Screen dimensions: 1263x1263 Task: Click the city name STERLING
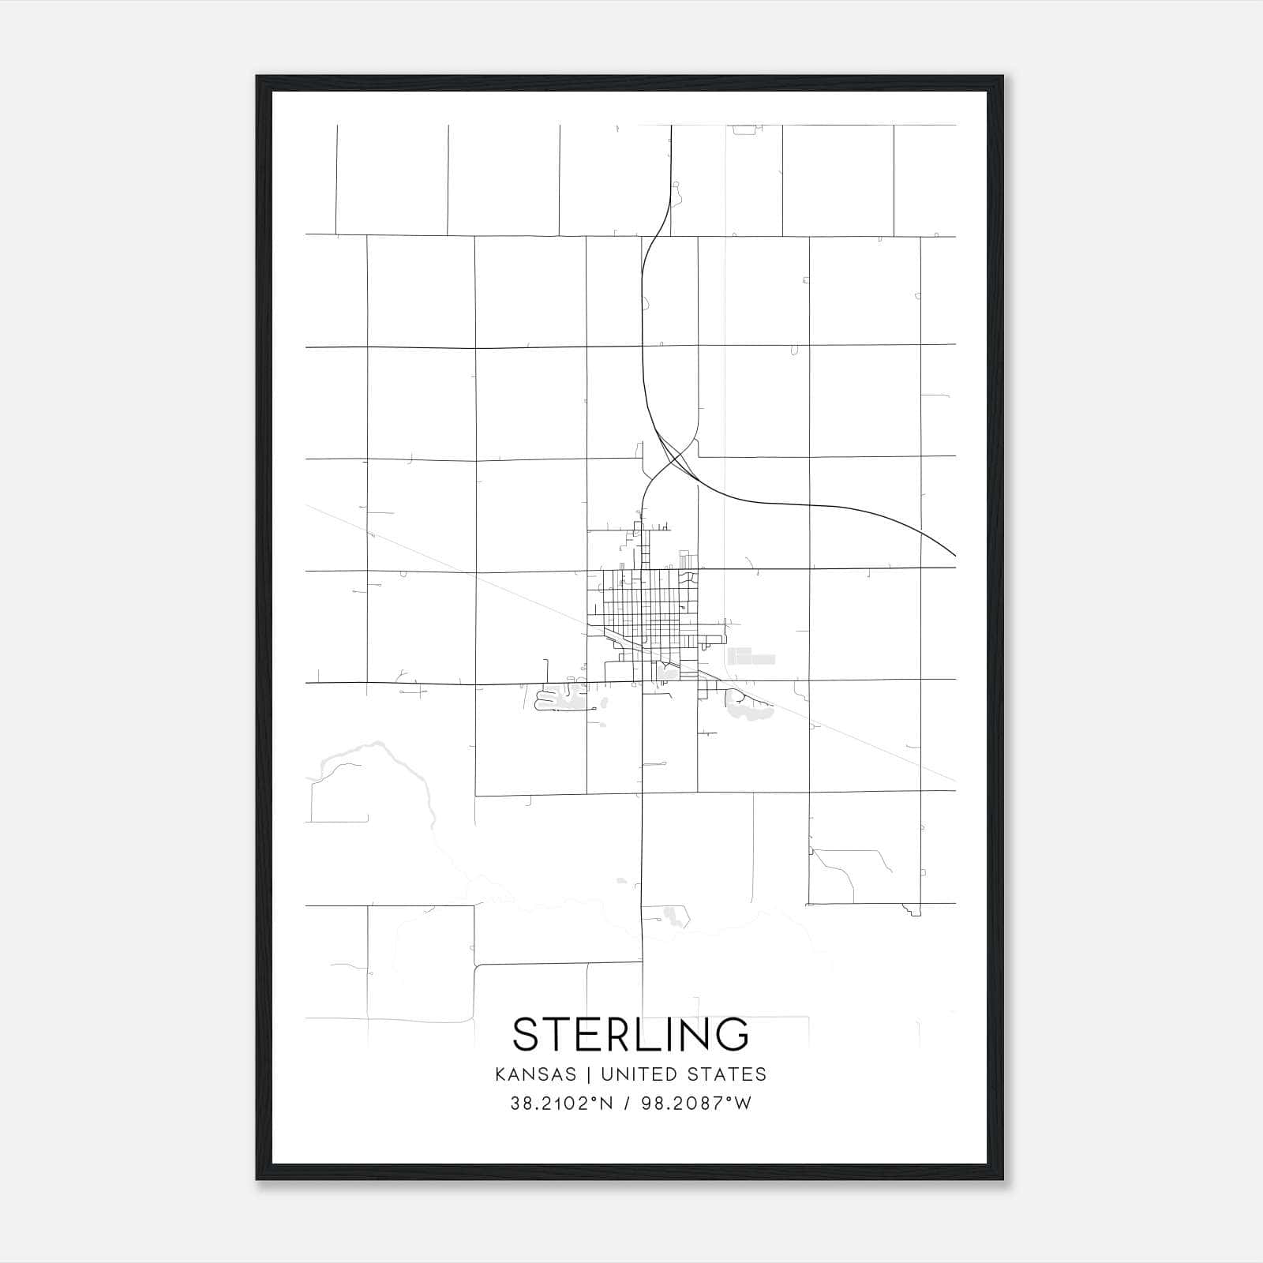click(631, 1034)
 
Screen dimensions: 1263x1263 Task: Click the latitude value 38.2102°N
click(561, 1104)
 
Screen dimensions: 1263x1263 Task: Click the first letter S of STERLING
click(527, 1034)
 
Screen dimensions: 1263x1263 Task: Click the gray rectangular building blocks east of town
click(750, 656)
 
